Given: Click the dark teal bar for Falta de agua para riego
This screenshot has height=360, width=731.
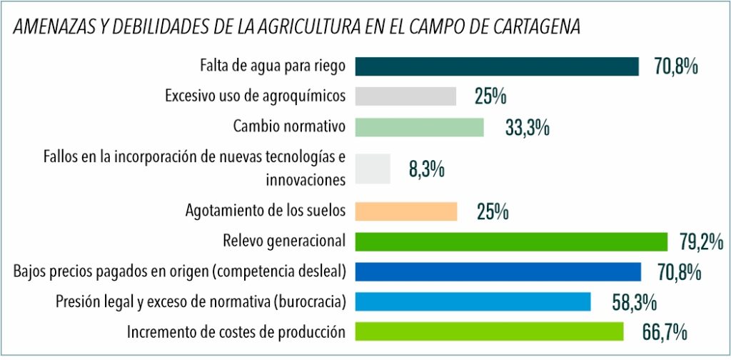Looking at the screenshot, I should [x=497, y=66].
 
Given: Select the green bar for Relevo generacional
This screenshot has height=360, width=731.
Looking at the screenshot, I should [x=511, y=241].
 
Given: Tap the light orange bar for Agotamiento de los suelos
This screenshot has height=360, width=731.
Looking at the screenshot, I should [x=405, y=211].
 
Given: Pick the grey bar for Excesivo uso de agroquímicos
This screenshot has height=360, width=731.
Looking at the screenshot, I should [x=405, y=96].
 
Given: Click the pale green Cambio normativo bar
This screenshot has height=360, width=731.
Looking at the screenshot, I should [x=419, y=127].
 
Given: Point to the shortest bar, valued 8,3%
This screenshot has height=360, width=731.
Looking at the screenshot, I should [x=372, y=169].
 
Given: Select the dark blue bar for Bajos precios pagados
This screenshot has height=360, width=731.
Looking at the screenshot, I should [x=498, y=271].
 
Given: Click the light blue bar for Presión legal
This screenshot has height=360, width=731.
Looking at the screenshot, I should [x=473, y=301].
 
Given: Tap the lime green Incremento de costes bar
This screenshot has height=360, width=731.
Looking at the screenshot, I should [x=489, y=331].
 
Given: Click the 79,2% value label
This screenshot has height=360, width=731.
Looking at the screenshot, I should [x=701, y=241].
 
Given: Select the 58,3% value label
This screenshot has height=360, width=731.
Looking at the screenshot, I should [x=634, y=302].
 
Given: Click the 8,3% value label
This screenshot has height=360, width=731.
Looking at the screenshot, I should [x=427, y=170].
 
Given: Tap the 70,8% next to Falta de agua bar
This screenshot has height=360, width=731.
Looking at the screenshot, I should [x=675, y=67].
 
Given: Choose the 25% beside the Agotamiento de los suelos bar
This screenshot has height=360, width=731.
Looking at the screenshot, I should [x=491, y=211].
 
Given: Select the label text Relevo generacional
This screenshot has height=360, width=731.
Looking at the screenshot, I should [x=284, y=241].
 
